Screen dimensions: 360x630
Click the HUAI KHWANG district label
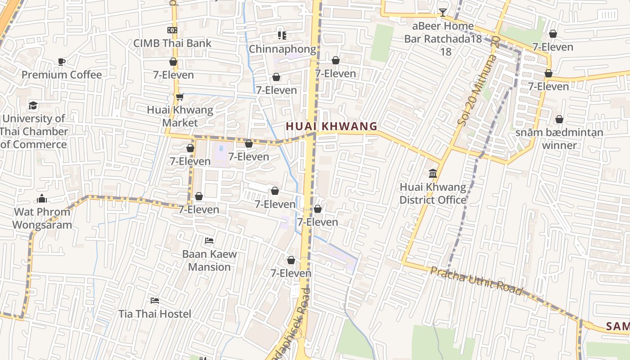pyautogui.click(x=331, y=126)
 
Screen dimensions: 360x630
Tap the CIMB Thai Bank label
pyautogui.click(x=172, y=43)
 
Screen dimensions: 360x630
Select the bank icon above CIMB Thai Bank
pyautogui.click(x=172, y=30)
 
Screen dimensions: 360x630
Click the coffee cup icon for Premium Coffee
pyautogui.click(x=62, y=62)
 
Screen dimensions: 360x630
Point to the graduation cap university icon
pyautogui.click(x=33, y=105)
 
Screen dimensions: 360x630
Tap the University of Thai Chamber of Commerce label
pyautogui.click(x=34, y=131)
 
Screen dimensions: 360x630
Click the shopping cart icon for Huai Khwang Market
pyautogui.click(x=180, y=97)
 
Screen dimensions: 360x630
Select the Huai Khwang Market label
pyautogui.click(x=180, y=116)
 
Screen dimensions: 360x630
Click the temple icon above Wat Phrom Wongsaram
pyautogui.click(x=42, y=198)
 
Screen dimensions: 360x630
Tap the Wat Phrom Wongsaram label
pyautogui.click(x=42, y=218)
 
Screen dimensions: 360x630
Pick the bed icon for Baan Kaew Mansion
pyautogui.click(x=209, y=241)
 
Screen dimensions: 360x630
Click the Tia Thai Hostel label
pyautogui.click(x=155, y=314)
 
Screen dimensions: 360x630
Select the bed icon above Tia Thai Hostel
pyautogui.click(x=155, y=300)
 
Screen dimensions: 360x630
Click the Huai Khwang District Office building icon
pyautogui.click(x=433, y=173)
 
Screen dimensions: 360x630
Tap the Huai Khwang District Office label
pyautogui.click(x=433, y=193)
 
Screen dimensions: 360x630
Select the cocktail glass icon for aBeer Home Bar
pyautogui.click(x=443, y=13)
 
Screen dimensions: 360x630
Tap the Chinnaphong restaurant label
pyautogui.click(x=283, y=49)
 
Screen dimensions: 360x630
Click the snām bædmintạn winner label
pyautogui.click(x=559, y=139)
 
